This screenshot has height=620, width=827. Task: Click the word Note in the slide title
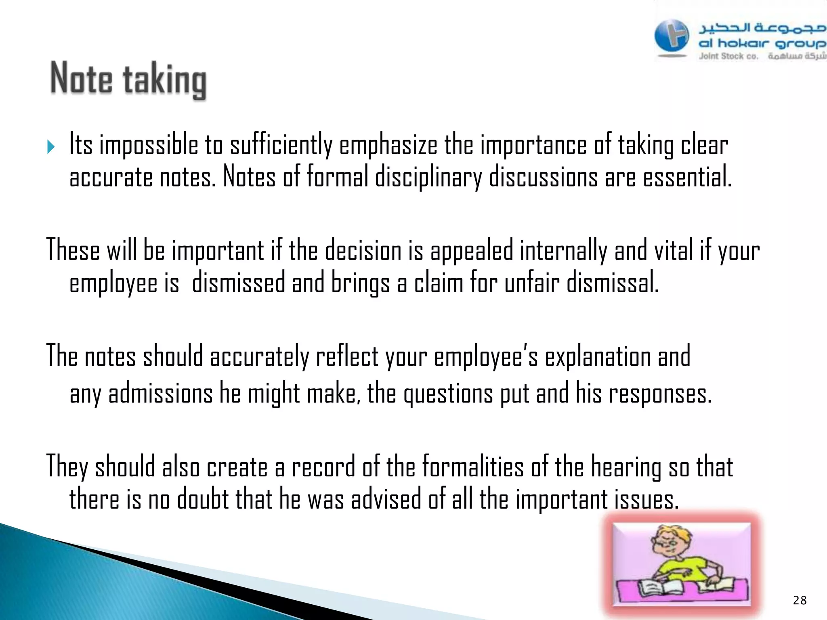[81, 79]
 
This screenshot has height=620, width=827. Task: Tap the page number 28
[800, 601]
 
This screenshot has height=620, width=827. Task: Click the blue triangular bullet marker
[51, 147]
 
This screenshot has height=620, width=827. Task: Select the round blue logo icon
[672, 37]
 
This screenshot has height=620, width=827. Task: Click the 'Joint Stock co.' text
[728, 57]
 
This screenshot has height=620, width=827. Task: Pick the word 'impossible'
[149, 145]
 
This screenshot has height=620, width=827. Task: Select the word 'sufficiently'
[281, 145]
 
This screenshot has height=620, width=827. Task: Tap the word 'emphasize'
[388, 145]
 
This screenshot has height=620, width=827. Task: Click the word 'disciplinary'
[428, 178]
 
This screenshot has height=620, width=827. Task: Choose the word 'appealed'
[472, 251]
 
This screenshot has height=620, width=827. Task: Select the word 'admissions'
[160, 393]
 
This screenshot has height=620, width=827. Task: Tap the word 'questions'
[448, 394]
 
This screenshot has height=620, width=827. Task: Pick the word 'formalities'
[473, 467]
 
